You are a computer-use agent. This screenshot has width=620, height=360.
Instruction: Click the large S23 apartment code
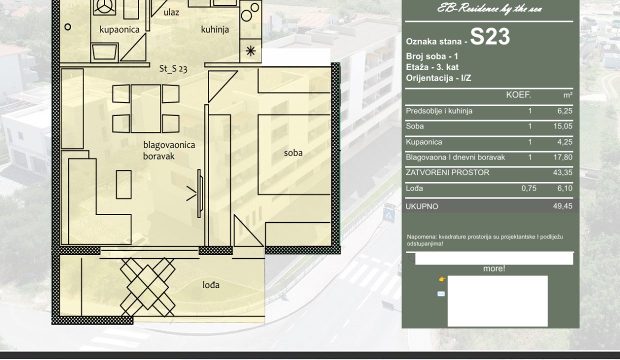click(x=489, y=36)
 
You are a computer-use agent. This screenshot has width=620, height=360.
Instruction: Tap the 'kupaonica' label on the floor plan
click(x=119, y=29)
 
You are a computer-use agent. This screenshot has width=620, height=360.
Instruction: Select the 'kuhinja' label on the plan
click(x=215, y=29)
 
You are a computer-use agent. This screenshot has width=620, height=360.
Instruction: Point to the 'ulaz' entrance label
click(x=171, y=12)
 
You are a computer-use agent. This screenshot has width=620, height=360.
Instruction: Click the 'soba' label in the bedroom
click(x=293, y=152)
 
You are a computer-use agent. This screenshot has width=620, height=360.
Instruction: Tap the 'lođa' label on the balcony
click(x=211, y=284)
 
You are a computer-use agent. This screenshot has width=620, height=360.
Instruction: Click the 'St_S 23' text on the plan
click(x=173, y=68)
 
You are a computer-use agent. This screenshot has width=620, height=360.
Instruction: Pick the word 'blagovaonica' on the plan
click(x=169, y=145)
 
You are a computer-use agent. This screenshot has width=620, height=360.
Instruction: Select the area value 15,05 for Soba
click(x=562, y=126)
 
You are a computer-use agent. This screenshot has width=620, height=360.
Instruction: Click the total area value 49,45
click(x=562, y=206)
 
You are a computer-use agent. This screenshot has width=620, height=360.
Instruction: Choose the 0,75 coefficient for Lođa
click(x=529, y=188)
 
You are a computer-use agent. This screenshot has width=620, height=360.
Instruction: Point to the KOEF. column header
click(x=518, y=95)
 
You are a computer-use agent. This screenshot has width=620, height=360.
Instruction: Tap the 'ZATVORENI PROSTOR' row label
click(x=447, y=172)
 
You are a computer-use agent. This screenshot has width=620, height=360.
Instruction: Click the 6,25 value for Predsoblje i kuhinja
click(x=564, y=111)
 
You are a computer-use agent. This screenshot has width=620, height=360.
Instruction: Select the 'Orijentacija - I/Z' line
click(x=438, y=78)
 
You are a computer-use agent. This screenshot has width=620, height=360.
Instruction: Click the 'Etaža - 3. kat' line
click(x=432, y=67)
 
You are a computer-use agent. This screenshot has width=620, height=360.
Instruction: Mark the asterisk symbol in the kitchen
click(x=250, y=51)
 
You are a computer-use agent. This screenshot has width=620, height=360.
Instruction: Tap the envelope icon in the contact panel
click(x=441, y=294)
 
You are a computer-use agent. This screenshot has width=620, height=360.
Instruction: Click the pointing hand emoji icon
click(x=442, y=279)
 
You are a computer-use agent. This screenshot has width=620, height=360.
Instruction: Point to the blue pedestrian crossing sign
click(x=388, y=215)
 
